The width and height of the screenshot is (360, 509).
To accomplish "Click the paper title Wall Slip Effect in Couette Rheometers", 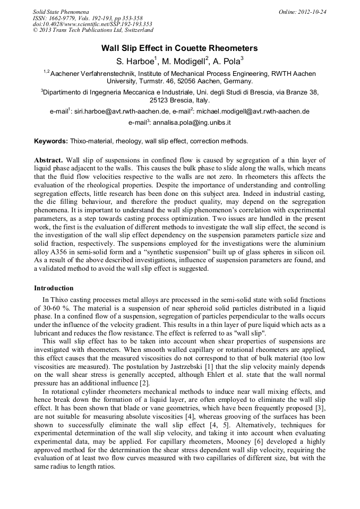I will [x=179, y=48].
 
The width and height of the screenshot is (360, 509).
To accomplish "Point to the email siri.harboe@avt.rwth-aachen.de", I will [x=122, y=112].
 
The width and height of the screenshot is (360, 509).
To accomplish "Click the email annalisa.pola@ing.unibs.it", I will [x=192, y=123].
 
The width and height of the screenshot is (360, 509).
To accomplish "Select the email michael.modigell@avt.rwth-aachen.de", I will [x=253, y=112].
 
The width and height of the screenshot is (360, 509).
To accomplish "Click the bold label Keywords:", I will [x=51, y=142].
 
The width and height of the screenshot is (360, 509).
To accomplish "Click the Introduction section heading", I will [x=54, y=288].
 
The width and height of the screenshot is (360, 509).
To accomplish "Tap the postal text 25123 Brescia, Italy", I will [x=179, y=100].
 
